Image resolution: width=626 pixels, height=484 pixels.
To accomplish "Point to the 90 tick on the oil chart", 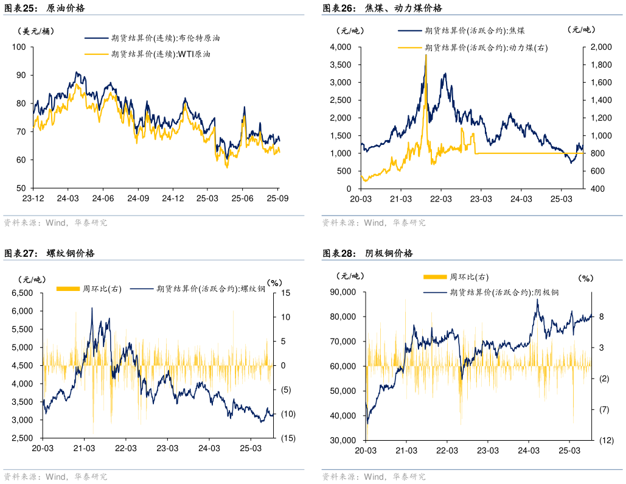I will [21, 75].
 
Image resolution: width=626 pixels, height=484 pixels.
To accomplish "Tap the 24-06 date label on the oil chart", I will [103, 198].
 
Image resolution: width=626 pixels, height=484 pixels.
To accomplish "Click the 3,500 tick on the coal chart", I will [339, 65].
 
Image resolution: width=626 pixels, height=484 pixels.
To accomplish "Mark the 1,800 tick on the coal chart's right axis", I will [599, 65].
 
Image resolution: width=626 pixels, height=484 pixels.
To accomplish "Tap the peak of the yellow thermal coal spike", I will [425, 55].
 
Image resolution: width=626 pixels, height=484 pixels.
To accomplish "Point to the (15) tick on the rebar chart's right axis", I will [288, 438].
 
